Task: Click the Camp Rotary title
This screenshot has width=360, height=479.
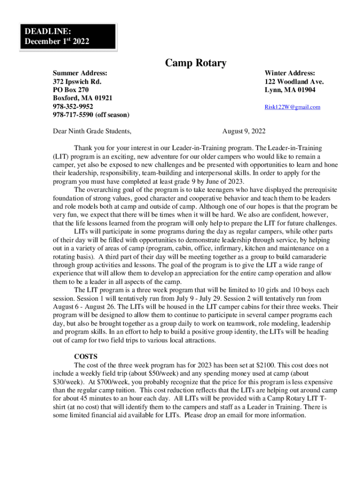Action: pos(195,63)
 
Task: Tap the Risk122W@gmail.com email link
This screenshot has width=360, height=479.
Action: pos(292,107)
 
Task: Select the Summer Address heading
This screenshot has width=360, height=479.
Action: pos(80,73)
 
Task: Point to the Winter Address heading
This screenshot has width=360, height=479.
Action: pos(290,73)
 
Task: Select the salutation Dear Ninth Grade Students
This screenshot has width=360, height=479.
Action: pos(92,131)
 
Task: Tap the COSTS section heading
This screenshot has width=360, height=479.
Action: pos(86,356)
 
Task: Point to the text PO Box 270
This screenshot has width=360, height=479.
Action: pos(71,90)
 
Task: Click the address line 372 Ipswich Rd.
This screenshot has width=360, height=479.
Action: pos(77,81)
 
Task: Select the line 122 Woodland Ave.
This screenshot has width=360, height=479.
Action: pos(294,81)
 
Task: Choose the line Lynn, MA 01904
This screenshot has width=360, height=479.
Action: pos(290,90)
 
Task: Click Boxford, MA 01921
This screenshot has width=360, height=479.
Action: pos(82,98)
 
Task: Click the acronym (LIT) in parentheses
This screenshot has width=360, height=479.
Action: pos(60,156)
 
